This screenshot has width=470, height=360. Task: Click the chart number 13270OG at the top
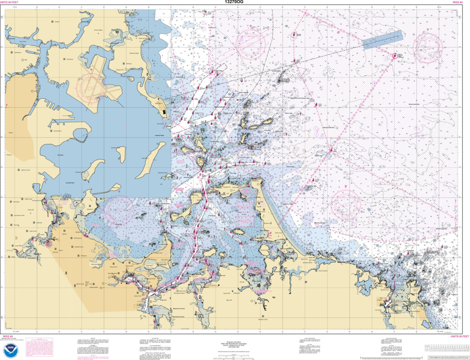[235, 2]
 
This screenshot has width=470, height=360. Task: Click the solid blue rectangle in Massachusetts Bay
[382, 39]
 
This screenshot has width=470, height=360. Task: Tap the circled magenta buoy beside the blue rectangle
[394, 56]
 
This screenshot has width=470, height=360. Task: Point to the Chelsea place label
[57, 22]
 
